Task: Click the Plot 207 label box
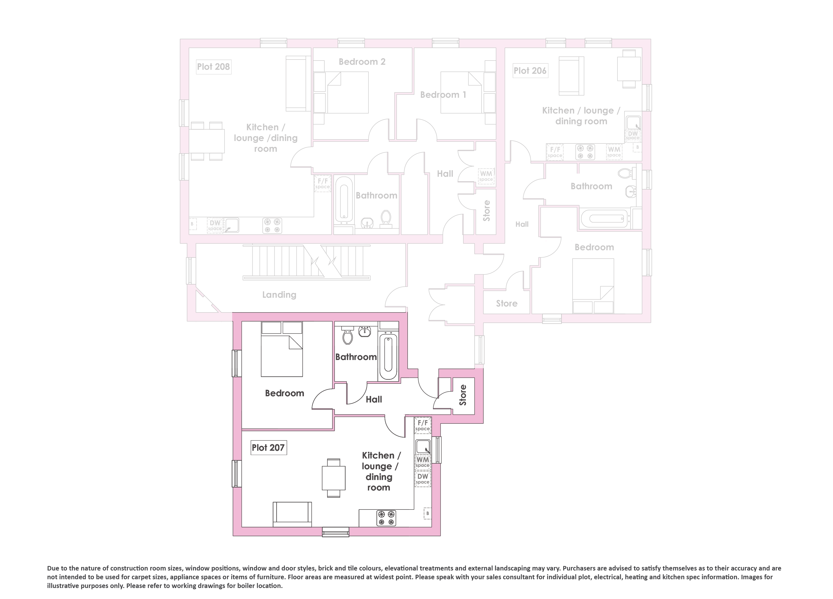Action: [x=268, y=447]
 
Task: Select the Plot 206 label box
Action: [x=530, y=70]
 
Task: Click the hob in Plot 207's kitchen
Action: [x=386, y=518]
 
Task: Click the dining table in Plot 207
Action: [x=333, y=478]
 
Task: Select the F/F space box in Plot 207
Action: [x=423, y=425]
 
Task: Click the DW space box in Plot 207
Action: [x=423, y=479]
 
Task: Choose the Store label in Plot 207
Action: [x=463, y=395]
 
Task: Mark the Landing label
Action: [x=279, y=295]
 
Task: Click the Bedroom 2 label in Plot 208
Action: [x=362, y=62]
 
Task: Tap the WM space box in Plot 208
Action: [x=486, y=176]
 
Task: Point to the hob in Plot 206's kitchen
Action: [x=585, y=152]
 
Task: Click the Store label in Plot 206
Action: [x=507, y=303]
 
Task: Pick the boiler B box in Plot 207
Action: [x=427, y=513]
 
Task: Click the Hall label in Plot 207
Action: [x=374, y=399]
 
